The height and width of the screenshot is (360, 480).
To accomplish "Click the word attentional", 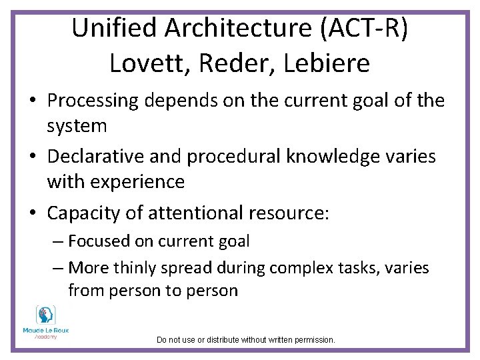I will [195, 213].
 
